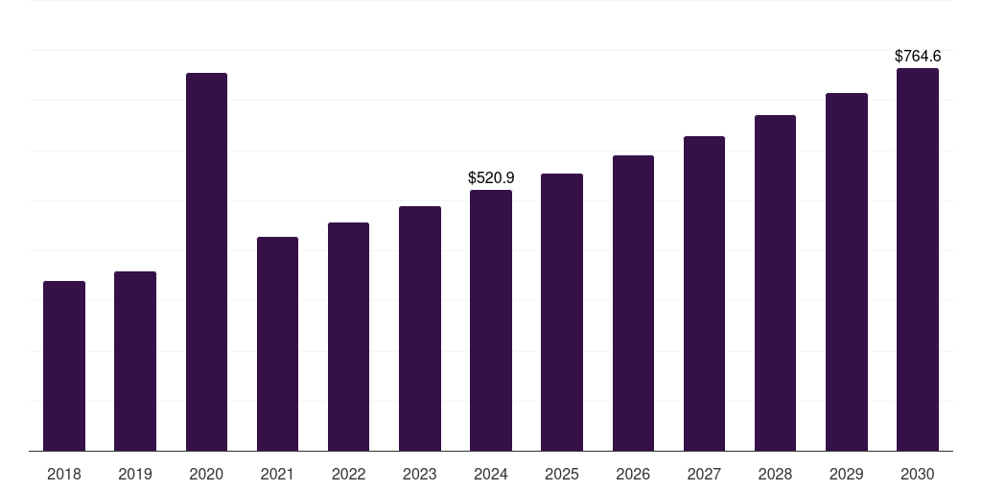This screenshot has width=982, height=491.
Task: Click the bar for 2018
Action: tap(64, 365)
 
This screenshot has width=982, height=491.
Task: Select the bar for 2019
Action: tap(135, 362)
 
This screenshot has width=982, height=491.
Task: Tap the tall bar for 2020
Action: tap(207, 262)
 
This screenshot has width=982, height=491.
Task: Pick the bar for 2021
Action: tap(277, 344)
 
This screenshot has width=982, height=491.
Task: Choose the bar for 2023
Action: tap(420, 329)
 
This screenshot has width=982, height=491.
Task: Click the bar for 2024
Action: tap(491, 320)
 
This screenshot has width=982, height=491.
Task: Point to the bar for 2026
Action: tap(633, 303)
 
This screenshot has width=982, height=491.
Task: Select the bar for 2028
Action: tap(775, 283)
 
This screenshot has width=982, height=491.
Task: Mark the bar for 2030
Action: tap(918, 259)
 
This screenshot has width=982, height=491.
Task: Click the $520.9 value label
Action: tap(491, 177)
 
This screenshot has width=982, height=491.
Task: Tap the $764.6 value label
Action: tap(918, 57)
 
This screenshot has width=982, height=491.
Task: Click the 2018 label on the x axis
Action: tap(64, 474)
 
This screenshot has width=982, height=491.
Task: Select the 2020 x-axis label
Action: tap(206, 474)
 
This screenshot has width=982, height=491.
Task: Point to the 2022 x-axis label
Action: tap(348, 474)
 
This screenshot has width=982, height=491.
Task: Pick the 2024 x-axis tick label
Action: tap(491, 474)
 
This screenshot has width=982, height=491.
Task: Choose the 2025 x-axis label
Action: tap(562, 474)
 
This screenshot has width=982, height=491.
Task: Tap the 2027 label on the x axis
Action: tap(704, 474)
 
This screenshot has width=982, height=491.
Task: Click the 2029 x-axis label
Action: tap(846, 474)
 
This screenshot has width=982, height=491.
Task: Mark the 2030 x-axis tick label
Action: tap(918, 474)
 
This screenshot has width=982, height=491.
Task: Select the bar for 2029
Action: tap(847, 271)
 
